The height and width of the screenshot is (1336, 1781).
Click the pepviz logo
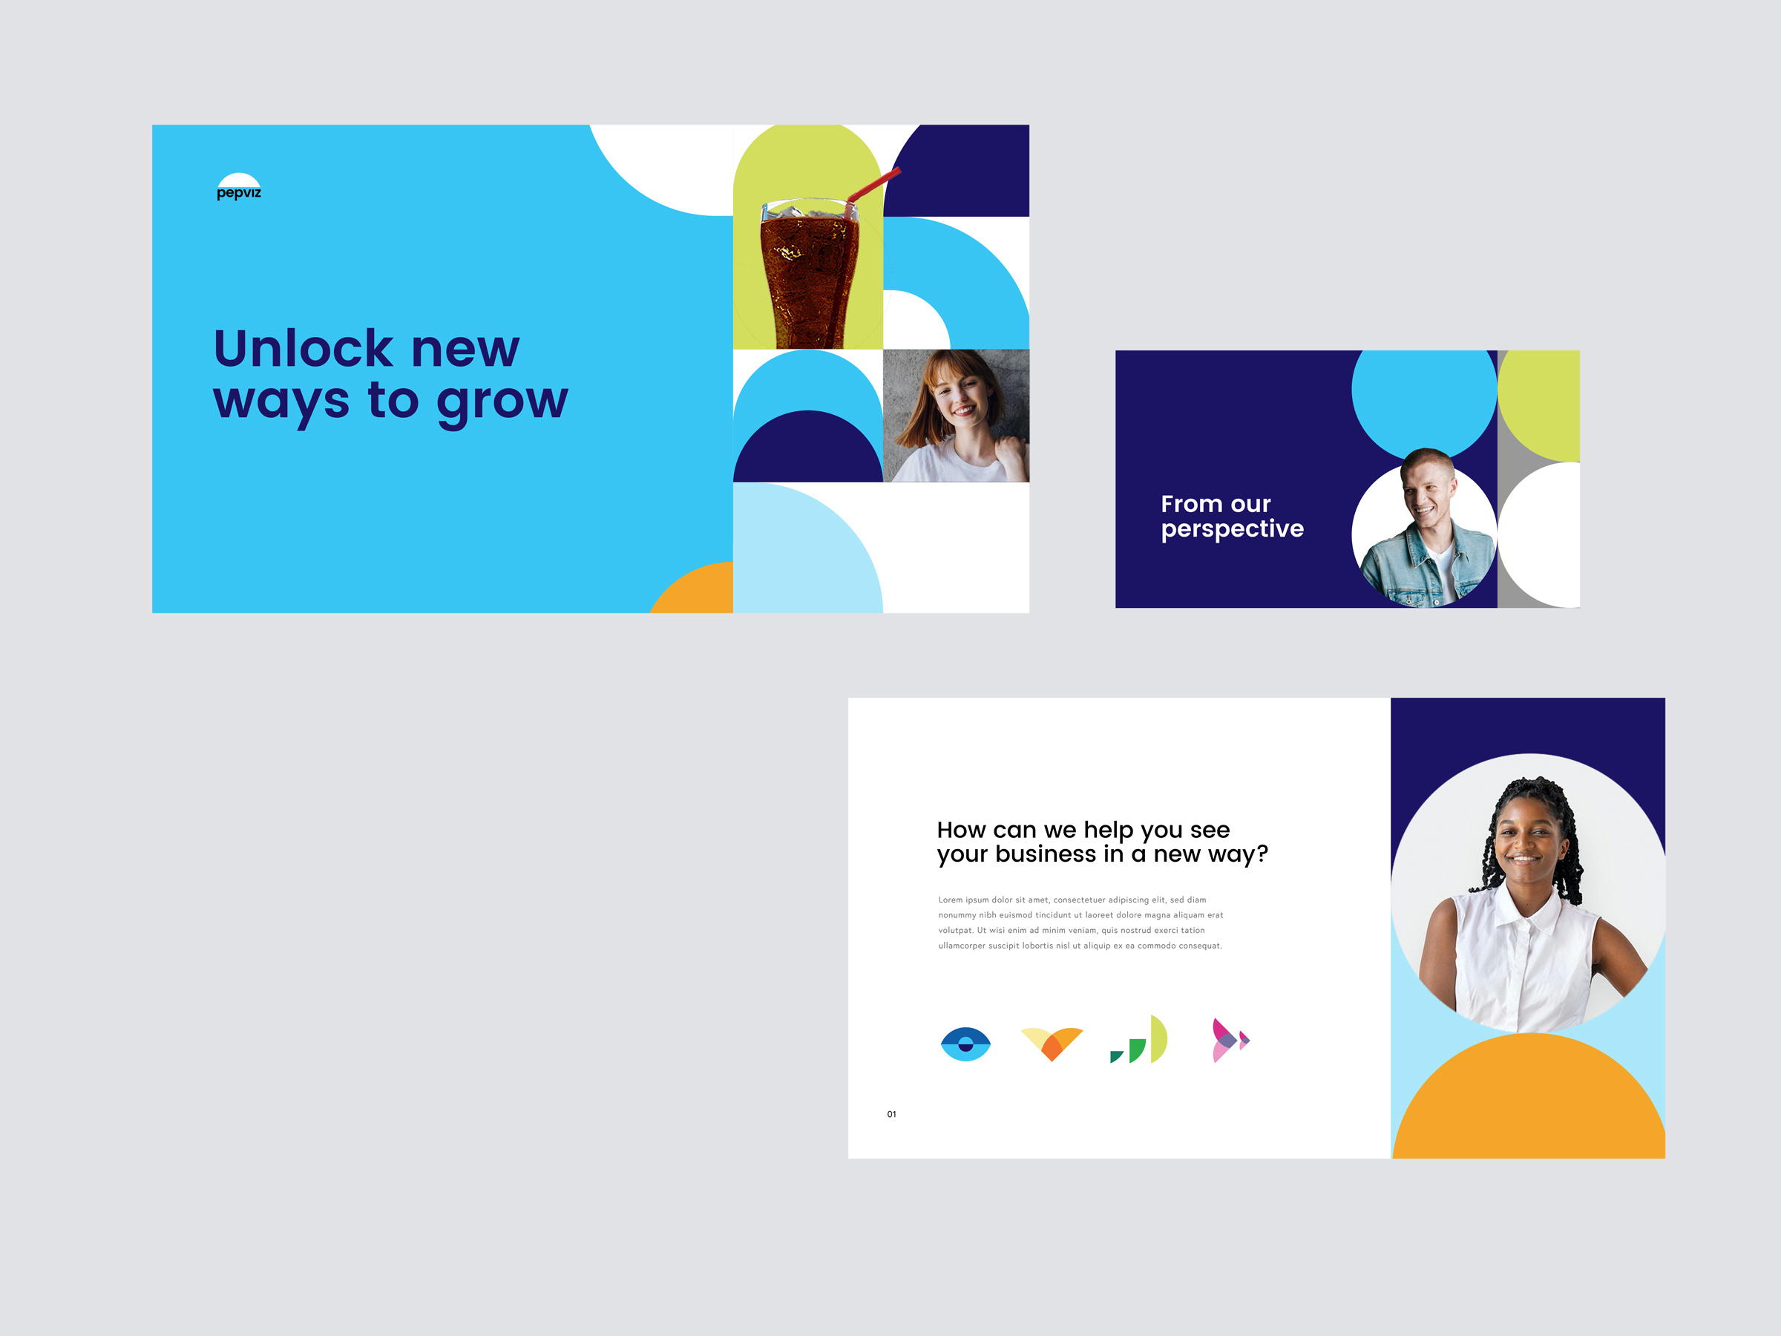239,187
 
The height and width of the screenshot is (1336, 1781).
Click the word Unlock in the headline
304,349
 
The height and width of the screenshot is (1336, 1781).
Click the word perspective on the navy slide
1232,529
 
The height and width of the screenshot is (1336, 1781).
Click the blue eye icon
965,1044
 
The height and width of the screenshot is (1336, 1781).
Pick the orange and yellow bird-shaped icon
1052,1044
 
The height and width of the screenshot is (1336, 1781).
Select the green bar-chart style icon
1138,1041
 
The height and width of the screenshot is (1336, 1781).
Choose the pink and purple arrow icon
1230,1041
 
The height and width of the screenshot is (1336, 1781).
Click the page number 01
891,1115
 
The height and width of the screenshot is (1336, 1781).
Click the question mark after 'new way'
1262,853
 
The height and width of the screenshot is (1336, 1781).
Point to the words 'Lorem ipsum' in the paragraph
963,900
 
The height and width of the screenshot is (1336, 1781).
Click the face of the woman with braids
1526,842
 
